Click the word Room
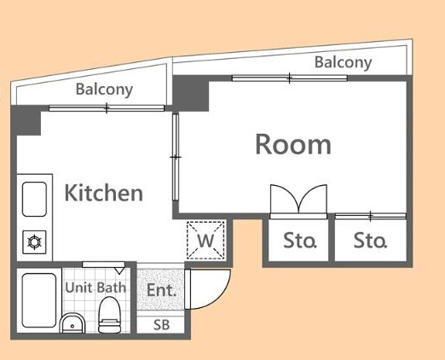pos(292,144)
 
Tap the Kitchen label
pos(103,193)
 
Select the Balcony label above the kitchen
pos(104,90)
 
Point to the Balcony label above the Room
pos(343,62)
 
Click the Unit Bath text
pos(95,287)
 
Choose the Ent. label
pos(161,290)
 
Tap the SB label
pos(161,325)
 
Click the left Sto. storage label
pos(299,241)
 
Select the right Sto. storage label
pos(370,241)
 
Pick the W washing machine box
pos(205,240)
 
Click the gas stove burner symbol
pos(36,242)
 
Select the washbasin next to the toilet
pos(73,323)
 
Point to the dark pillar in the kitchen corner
pos(28,121)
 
